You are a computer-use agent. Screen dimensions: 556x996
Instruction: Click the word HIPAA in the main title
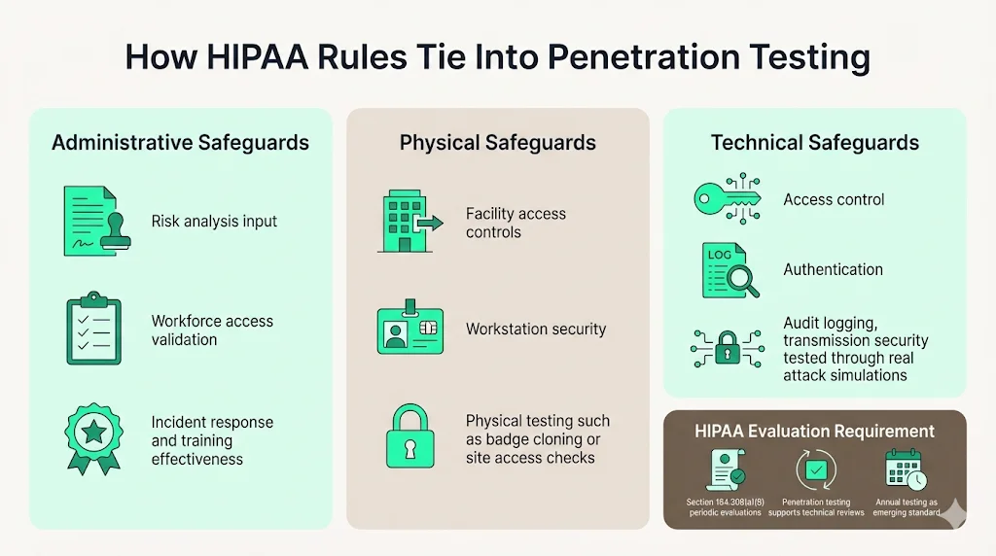(x=240, y=56)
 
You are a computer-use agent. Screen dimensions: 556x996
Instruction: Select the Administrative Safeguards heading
(x=180, y=143)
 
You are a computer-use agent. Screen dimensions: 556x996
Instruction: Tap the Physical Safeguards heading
(x=497, y=143)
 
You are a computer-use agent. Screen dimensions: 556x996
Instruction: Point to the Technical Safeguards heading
(x=814, y=143)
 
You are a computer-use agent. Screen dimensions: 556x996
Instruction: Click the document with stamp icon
(x=93, y=222)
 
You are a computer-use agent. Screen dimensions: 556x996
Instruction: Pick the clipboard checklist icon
(x=93, y=330)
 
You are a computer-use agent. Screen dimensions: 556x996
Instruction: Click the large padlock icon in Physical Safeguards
(x=409, y=436)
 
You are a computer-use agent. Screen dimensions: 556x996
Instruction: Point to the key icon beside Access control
(x=727, y=199)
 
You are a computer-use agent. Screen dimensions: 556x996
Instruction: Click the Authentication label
(x=833, y=269)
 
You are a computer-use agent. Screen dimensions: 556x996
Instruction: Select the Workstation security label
(x=535, y=329)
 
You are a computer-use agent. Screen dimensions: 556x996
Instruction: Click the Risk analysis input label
(x=214, y=222)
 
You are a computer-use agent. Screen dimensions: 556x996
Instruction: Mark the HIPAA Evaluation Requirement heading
(x=814, y=432)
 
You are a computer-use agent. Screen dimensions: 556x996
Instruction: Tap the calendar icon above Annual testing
(x=906, y=469)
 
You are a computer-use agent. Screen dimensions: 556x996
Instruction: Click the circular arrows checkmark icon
(x=814, y=469)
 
